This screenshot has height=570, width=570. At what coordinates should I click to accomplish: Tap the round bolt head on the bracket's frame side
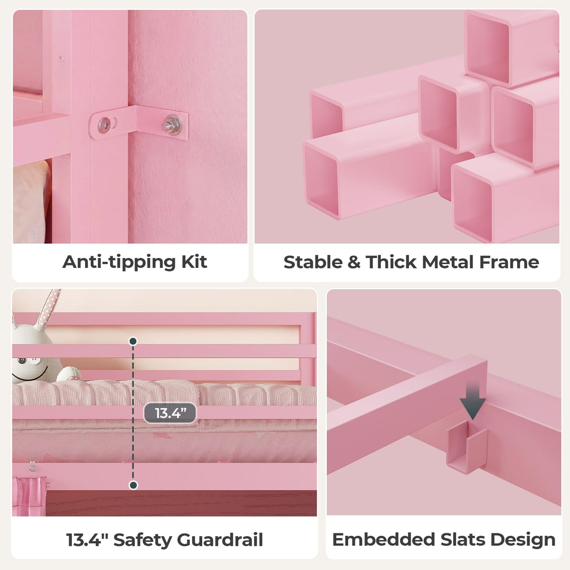[x=104, y=124]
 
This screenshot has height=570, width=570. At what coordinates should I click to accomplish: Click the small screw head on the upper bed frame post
[x=61, y=57]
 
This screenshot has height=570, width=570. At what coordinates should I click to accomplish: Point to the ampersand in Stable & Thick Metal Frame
[x=354, y=262]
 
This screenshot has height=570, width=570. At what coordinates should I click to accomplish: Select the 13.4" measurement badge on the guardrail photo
[x=170, y=413]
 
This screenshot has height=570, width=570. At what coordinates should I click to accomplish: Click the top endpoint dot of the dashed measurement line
[x=133, y=342]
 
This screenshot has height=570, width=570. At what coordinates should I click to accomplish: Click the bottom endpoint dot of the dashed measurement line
[x=133, y=485]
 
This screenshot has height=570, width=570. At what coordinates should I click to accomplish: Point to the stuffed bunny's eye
[x=21, y=361]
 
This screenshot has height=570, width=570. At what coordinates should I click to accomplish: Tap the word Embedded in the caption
[x=384, y=539]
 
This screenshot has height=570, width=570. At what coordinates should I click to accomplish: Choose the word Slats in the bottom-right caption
[x=463, y=539]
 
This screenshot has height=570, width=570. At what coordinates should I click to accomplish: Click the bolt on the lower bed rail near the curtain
[x=33, y=468]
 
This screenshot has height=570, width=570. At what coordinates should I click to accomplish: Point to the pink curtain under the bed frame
[x=29, y=497]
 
